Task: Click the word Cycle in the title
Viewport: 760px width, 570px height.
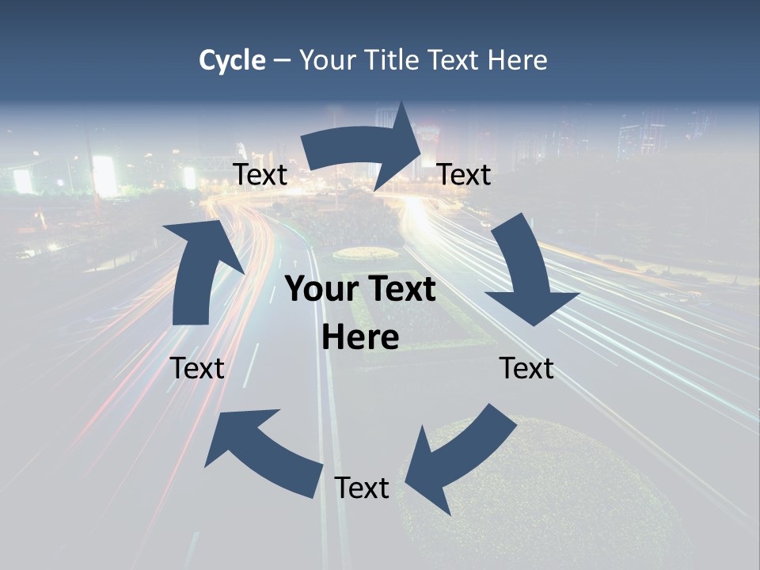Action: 232,60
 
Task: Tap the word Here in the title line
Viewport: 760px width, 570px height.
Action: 517,60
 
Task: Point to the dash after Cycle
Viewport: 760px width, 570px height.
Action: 283,61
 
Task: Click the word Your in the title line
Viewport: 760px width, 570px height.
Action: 328,60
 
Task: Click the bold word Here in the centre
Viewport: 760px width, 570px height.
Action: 360,337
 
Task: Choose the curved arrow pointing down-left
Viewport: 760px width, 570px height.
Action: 459,459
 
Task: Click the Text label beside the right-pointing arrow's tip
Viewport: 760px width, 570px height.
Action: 464,174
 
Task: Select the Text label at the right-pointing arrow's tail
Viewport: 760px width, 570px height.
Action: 260,174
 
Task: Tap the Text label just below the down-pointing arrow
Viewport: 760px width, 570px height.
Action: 526,368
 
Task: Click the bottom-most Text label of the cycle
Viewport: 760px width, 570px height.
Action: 362,488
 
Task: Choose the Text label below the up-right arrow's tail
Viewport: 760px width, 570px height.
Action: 197,368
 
